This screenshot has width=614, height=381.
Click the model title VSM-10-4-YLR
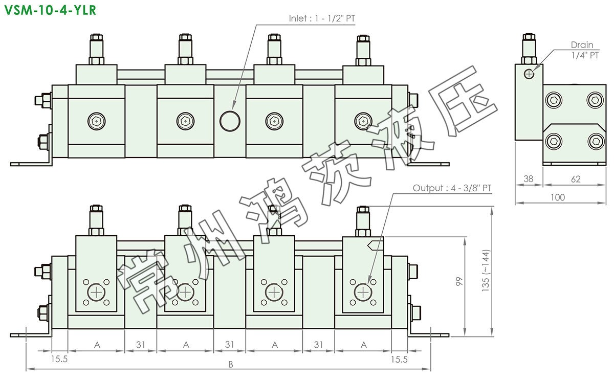[50, 10]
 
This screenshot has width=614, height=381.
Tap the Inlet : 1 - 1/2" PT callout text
[322, 18]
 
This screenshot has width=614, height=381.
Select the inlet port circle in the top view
[230, 121]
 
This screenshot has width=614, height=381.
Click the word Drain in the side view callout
[582, 44]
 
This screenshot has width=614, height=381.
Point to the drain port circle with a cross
[529, 74]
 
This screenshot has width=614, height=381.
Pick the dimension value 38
[528, 179]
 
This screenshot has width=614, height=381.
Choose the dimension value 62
[576, 179]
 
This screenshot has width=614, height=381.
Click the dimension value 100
[558, 197]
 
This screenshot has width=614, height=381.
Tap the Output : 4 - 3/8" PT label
[452, 188]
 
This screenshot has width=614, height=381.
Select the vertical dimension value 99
[459, 282]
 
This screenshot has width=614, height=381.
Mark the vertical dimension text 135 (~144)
[485, 271]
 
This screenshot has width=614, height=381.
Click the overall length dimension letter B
[231, 364]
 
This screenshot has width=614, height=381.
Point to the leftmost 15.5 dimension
[59, 359]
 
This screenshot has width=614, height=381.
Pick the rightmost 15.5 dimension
[399, 360]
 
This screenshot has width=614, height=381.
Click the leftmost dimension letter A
[97, 345]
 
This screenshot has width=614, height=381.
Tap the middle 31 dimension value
[229, 344]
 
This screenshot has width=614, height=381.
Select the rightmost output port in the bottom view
[363, 292]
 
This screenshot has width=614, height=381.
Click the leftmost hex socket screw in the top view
[97, 121]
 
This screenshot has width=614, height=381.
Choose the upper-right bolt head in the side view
[595, 100]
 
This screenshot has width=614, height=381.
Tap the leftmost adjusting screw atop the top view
[96, 49]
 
